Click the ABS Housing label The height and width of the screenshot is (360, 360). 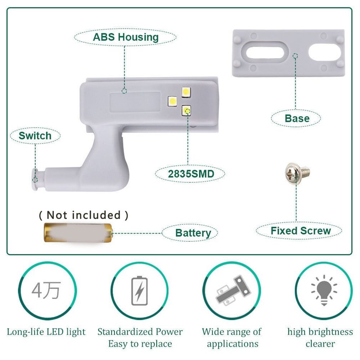click(125, 37)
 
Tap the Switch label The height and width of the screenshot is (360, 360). click(35, 136)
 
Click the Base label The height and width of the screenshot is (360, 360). click(297, 118)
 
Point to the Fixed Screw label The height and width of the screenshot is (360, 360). click(300, 231)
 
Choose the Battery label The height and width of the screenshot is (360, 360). click(193, 233)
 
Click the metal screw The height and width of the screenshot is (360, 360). click(297, 172)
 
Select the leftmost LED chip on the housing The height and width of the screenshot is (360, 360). click(172, 101)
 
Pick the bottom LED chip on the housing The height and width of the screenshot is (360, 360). click(186, 110)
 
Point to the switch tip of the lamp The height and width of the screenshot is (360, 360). click(35, 176)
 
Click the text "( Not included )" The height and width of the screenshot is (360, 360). click(83, 215)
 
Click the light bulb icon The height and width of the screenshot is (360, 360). click(324, 290)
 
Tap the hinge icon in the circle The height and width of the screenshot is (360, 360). click(232, 290)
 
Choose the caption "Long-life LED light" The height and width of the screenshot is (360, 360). click(46, 332)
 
